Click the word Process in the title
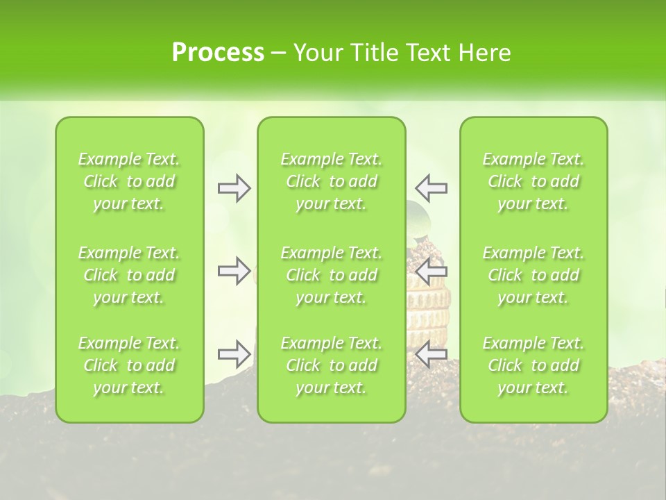(x=218, y=53)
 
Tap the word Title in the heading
(x=373, y=53)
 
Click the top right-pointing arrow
(x=234, y=188)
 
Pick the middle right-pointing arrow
(x=234, y=271)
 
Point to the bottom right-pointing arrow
(x=234, y=354)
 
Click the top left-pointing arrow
(x=431, y=188)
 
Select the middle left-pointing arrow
(x=431, y=271)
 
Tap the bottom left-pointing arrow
(x=431, y=354)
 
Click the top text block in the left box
(x=129, y=181)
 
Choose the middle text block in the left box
(x=129, y=275)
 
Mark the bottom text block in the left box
(x=129, y=365)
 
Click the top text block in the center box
(x=331, y=181)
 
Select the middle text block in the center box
(x=331, y=275)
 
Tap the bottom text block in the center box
(x=331, y=365)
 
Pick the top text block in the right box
(x=533, y=181)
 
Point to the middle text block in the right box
(x=533, y=275)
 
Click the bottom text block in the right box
(x=533, y=365)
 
